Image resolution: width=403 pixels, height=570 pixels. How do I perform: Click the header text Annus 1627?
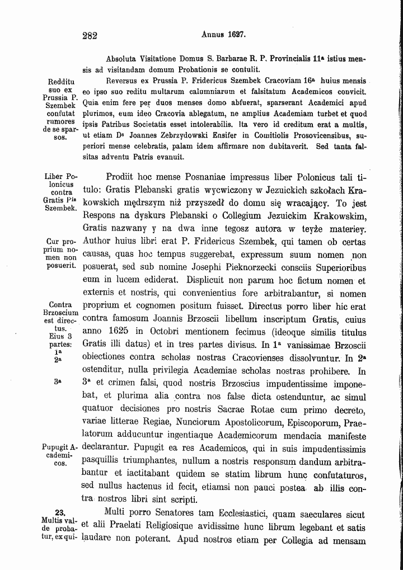tap(223, 34)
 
